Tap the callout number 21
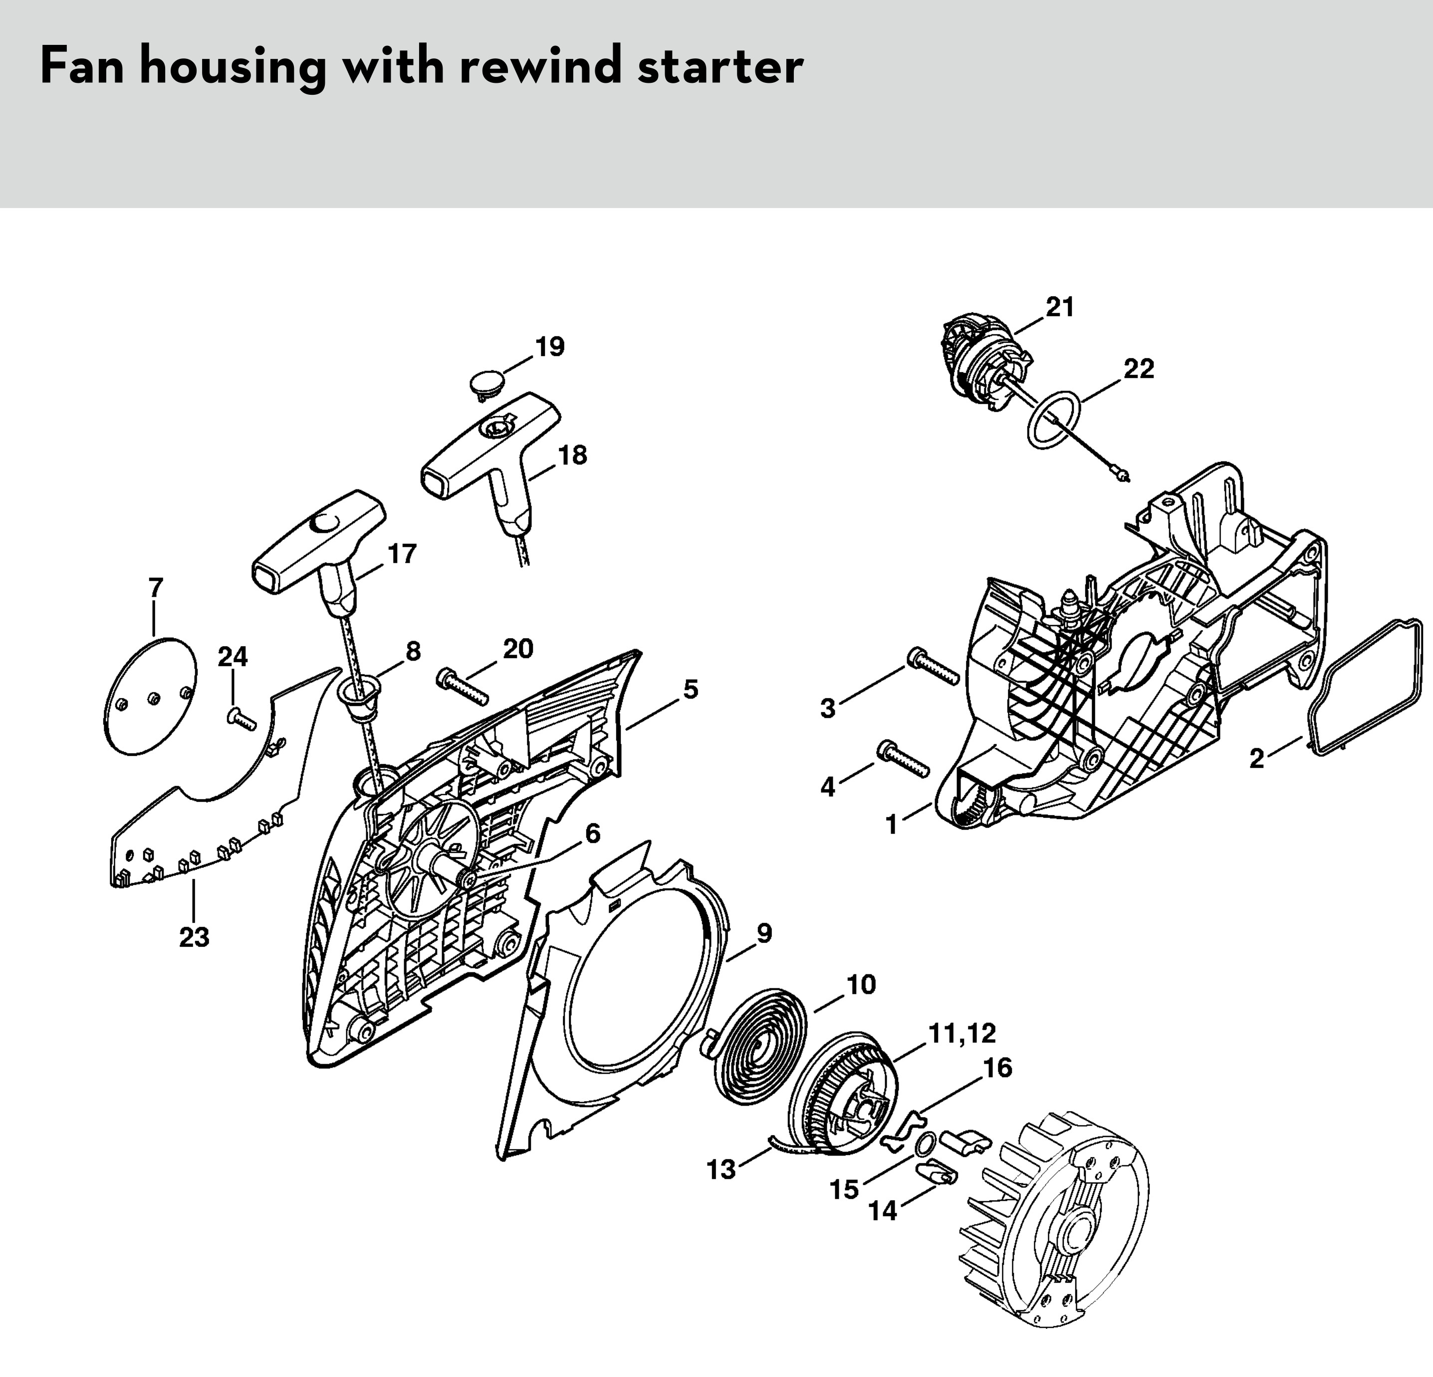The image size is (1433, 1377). (1059, 308)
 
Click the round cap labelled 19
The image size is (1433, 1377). (489, 383)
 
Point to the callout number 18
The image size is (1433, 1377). (572, 456)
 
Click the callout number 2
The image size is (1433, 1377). (1256, 759)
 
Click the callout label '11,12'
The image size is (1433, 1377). (962, 1033)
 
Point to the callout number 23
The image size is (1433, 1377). (194, 937)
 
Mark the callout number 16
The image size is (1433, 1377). (997, 1068)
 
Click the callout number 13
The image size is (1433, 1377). (721, 1170)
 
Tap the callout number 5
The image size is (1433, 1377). (690, 689)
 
